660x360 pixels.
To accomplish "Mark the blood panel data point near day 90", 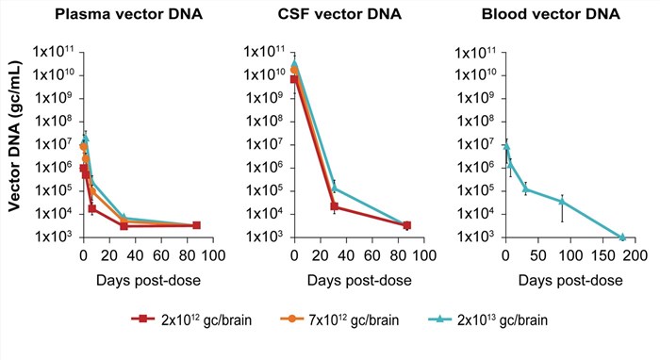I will tap(562, 202).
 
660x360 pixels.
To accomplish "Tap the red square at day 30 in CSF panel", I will tap(334, 206).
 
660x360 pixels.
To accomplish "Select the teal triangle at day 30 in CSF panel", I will tap(334, 188).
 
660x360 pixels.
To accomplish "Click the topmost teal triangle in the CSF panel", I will tap(294, 64).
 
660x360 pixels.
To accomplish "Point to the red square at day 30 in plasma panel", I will tap(124, 226).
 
